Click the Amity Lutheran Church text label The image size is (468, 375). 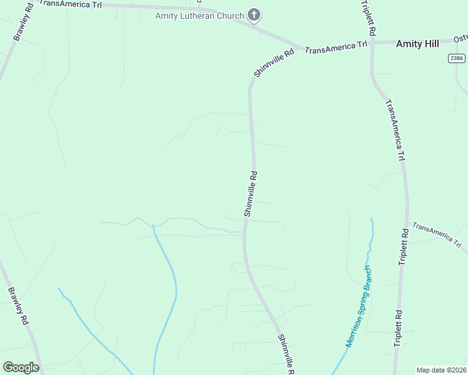(200, 16)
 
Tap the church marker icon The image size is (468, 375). (254, 15)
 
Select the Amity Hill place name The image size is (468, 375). (418, 44)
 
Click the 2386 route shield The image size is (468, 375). (457, 58)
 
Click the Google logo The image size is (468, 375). (21, 367)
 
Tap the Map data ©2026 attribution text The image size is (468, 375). (441, 370)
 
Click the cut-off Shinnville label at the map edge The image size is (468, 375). (286, 354)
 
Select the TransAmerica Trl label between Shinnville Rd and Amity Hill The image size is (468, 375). (336, 47)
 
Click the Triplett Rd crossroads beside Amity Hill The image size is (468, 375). (372, 43)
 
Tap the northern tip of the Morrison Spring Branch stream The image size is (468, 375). (372, 219)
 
